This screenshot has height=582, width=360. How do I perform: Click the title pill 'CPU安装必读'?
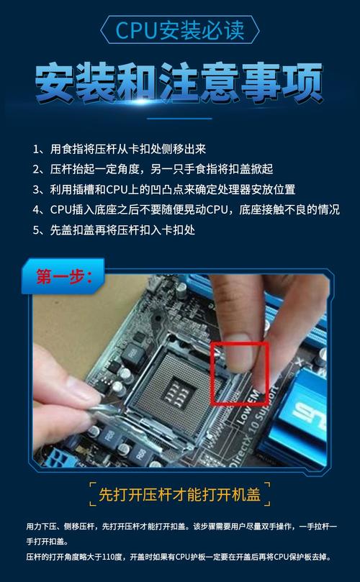coord(180,30)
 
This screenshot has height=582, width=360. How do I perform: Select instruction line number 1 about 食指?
coord(120,149)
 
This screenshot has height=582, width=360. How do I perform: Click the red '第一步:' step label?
coord(64,278)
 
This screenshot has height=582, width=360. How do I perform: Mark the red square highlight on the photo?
coord(239,373)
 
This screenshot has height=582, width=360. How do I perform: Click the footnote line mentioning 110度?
coord(180,557)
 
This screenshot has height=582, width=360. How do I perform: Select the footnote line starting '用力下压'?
coord(180,527)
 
